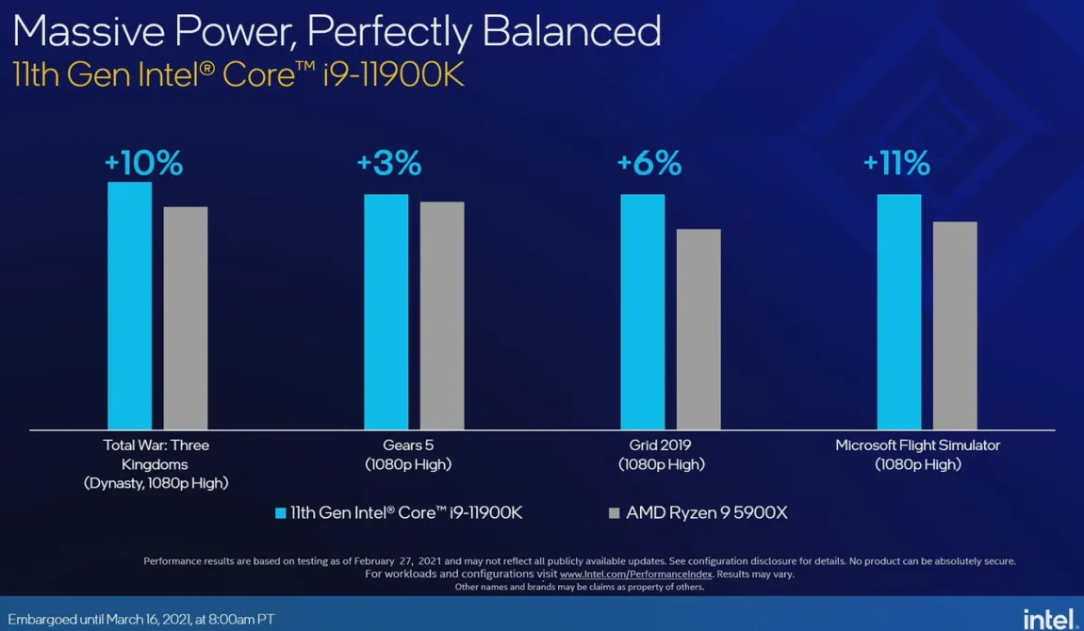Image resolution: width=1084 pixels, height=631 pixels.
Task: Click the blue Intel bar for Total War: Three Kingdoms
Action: (x=129, y=306)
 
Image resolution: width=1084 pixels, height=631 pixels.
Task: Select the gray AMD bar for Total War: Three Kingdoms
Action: (x=185, y=318)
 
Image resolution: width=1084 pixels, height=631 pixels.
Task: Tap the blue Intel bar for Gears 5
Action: (x=386, y=312)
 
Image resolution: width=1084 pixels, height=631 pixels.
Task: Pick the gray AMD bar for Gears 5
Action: (x=442, y=315)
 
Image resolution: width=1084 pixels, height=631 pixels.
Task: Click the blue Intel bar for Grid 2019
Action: (x=642, y=312)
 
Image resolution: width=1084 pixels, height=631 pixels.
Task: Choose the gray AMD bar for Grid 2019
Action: (x=698, y=329)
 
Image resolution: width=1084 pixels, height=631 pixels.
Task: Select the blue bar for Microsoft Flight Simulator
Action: (x=899, y=312)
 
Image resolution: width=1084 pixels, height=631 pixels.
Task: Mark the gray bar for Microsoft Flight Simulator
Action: (x=955, y=326)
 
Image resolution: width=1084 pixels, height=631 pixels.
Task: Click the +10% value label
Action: (x=143, y=163)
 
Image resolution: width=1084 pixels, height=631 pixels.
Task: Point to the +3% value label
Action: (x=388, y=163)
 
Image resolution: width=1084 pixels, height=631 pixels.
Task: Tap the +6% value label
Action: (x=649, y=163)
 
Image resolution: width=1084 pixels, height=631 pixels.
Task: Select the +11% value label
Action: (x=896, y=163)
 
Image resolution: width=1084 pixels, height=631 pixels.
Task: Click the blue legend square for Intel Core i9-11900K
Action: (x=280, y=513)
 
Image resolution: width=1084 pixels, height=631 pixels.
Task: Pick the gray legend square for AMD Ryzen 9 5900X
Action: (x=615, y=513)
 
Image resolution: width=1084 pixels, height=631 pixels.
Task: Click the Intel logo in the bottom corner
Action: (x=1049, y=618)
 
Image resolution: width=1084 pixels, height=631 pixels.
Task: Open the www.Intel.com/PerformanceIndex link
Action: (x=636, y=574)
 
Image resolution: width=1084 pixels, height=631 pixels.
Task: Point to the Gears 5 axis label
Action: (x=408, y=445)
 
